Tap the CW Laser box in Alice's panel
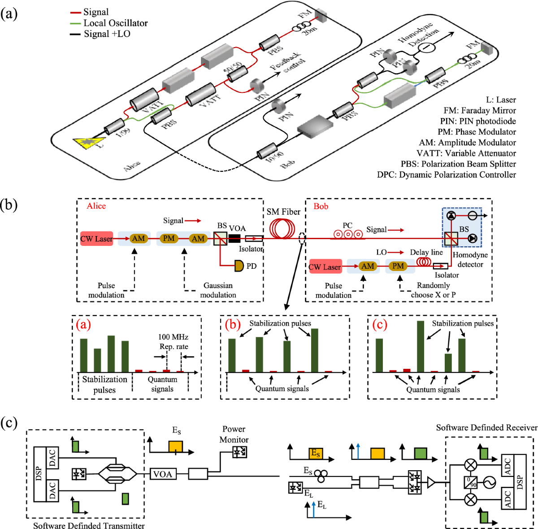click(96, 239)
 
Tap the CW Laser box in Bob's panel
click(325, 267)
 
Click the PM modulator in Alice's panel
click(169, 238)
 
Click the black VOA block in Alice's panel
click(234, 238)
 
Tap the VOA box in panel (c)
click(162, 474)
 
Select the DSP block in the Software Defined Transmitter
click(39, 474)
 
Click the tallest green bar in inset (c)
click(420, 346)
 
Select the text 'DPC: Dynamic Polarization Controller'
click(446, 175)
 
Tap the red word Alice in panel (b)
click(96, 206)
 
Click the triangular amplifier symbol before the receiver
click(431, 483)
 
